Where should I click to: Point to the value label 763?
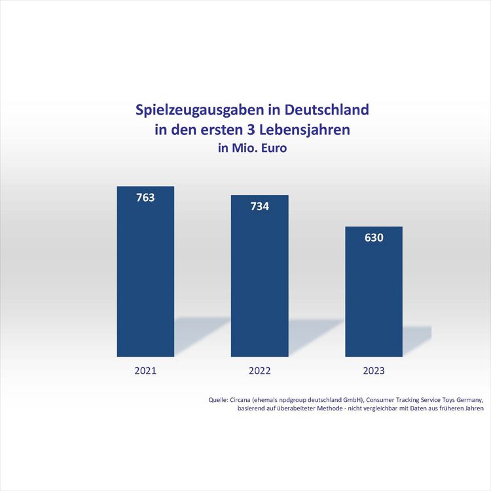pos(145,197)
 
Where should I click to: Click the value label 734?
pos(259,206)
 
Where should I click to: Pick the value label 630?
pos(374,237)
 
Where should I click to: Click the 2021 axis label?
pos(145,371)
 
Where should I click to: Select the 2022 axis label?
pos(259,371)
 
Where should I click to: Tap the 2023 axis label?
pos(374,371)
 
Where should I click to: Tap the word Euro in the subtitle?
pos(274,148)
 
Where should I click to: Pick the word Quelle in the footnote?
pos(218,399)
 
